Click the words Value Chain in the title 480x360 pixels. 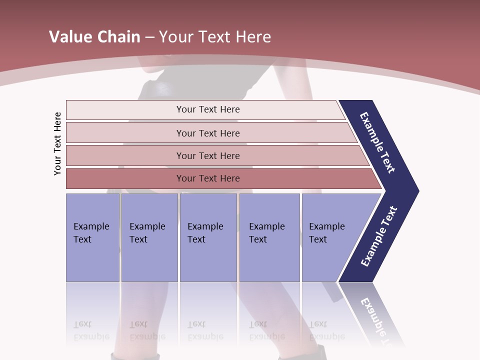tap(94, 36)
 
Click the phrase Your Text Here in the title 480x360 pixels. tap(215, 36)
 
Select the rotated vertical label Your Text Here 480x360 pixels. tap(57, 143)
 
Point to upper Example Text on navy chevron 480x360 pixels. tap(377, 142)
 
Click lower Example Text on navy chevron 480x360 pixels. tap(379, 236)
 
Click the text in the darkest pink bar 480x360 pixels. tap(208, 178)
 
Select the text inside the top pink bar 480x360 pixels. tap(208, 109)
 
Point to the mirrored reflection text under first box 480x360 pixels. tap(91, 330)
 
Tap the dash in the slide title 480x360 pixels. tap(149, 37)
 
